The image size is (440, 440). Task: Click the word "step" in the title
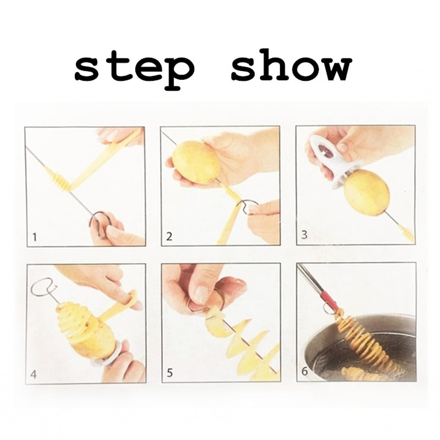click(x=134, y=69)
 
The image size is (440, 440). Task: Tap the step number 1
click(x=34, y=238)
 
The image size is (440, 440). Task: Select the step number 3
click(x=304, y=235)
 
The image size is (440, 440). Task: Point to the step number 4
click(x=34, y=375)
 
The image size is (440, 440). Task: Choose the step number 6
click(x=304, y=372)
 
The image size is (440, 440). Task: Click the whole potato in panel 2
click(x=196, y=162)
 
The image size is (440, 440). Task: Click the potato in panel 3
click(x=366, y=193)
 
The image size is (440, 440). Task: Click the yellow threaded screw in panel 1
click(x=59, y=180)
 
